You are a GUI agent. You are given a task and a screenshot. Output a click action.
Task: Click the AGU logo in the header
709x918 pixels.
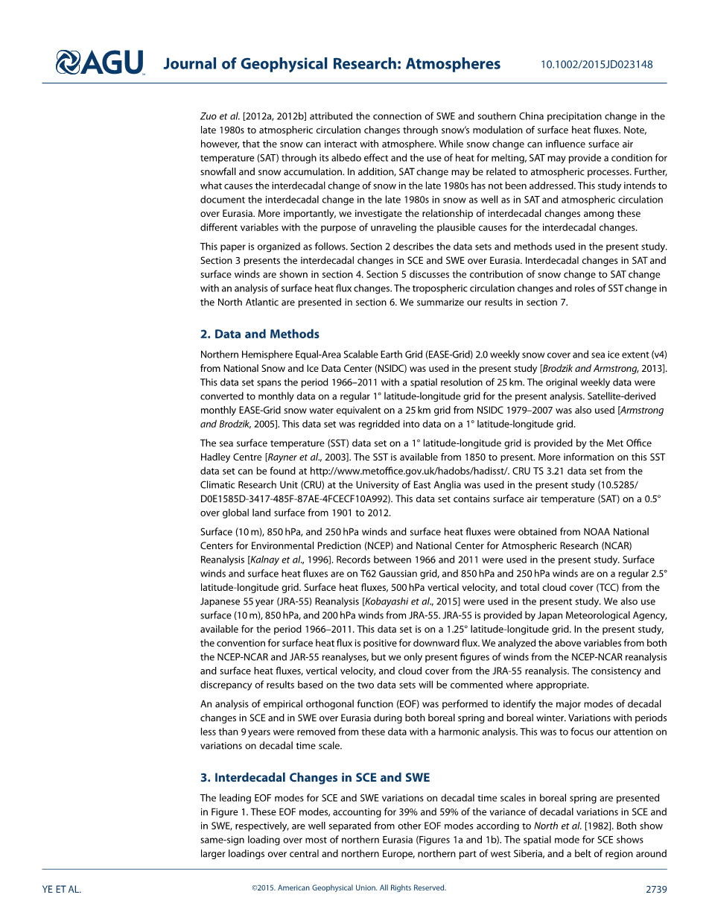100,63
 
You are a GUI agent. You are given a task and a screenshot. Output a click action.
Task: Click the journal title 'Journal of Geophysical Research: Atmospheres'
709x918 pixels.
331,64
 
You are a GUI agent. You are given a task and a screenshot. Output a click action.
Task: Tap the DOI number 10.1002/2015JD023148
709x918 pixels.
597,65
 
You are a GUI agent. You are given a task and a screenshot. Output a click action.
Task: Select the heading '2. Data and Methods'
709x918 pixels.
260,335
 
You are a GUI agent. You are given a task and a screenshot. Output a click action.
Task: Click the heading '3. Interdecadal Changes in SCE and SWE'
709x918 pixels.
315,778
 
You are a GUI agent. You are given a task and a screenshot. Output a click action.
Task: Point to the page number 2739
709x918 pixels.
656,889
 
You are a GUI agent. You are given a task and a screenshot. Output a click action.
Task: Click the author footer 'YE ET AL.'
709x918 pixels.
62,889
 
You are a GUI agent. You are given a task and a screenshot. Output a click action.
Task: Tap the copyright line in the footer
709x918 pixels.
349,888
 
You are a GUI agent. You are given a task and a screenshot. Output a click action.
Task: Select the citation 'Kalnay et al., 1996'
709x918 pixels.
292,560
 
